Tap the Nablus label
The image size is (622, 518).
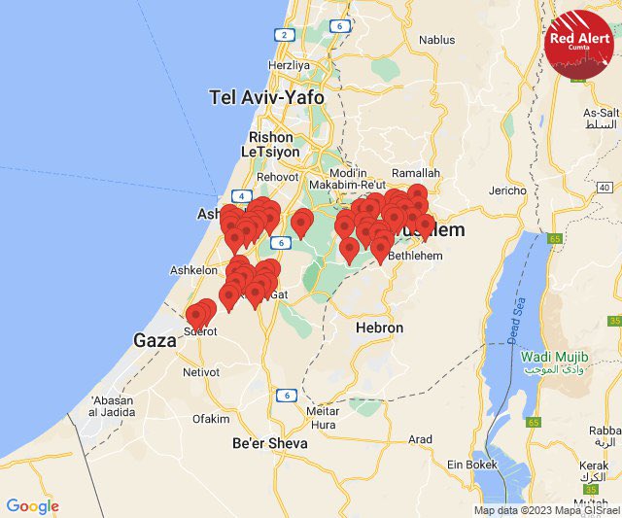[x=436, y=41]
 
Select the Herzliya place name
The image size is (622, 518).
[x=289, y=65]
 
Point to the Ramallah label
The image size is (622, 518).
[x=418, y=173]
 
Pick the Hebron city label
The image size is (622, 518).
[x=379, y=328]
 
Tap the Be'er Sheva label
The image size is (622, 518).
[x=269, y=442]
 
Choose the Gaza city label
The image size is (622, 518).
[x=155, y=340]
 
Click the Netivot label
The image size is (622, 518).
[x=200, y=371]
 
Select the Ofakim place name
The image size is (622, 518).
[x=211, y=419]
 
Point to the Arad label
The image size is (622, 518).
[x=420, y=439]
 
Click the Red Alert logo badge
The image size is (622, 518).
[x=580, y=44]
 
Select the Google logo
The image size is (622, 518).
[x=32, y=506]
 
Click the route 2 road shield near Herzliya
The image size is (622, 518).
[x=284, y=34]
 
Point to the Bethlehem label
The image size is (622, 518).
[x=415, y=256]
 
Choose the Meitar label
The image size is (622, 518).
[x=322, y=411]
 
